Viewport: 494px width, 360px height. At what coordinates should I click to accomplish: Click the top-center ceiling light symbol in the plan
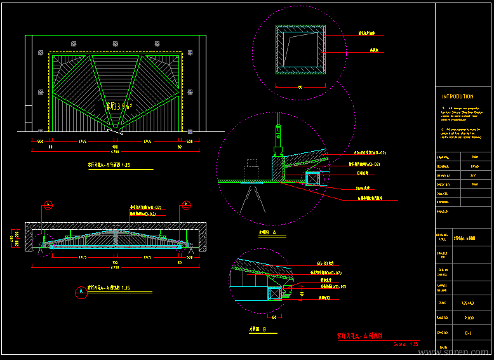tap(115, 43)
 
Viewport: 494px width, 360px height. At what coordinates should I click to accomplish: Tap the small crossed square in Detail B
tap(274, 293)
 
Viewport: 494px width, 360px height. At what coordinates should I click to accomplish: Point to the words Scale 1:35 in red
tap(406, 344)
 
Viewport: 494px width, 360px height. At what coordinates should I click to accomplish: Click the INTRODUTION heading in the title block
tap(457, 97)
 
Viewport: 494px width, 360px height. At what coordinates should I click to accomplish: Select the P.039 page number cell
tap(469, 316)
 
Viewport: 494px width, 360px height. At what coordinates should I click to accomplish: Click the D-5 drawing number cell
tap(468, 332)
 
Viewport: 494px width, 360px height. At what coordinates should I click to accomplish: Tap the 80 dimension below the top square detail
tap(300, 87)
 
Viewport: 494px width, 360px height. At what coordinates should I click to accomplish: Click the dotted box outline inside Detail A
tap(252, 170)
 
